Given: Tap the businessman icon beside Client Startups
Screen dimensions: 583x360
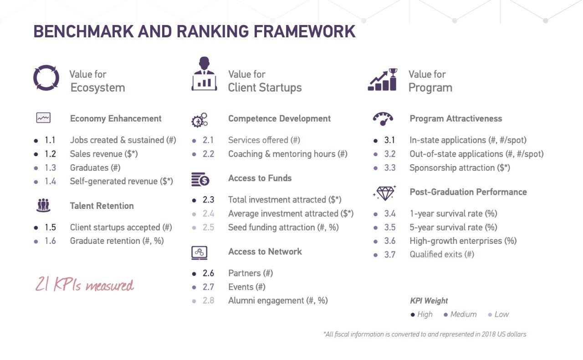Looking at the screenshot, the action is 205,74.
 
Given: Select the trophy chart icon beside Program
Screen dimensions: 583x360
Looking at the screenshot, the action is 382,80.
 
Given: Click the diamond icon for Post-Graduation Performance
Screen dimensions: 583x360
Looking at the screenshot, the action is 385,193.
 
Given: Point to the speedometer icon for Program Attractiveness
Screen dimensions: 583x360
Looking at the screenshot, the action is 383,119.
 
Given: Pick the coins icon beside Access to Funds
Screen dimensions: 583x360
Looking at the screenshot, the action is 200,179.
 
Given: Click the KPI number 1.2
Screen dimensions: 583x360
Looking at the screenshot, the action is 50,154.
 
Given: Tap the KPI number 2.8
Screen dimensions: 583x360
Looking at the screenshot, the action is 209,301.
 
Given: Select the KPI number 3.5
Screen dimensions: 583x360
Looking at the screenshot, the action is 390,228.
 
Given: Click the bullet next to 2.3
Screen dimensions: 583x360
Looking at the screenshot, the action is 194,200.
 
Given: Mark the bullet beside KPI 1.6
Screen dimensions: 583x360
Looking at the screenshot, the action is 36,242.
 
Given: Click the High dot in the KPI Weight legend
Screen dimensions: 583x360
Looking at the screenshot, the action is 413,315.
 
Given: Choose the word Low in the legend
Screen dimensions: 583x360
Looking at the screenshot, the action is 501,314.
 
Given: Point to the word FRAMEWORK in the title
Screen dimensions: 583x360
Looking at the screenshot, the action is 305,31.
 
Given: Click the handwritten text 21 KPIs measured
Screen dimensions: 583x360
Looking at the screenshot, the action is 85,284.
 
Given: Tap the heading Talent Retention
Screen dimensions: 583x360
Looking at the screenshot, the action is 102,206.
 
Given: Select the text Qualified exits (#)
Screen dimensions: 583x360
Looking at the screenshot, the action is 442,254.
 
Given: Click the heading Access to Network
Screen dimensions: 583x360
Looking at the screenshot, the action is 265,252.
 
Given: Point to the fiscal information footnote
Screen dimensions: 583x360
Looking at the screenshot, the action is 425,334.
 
